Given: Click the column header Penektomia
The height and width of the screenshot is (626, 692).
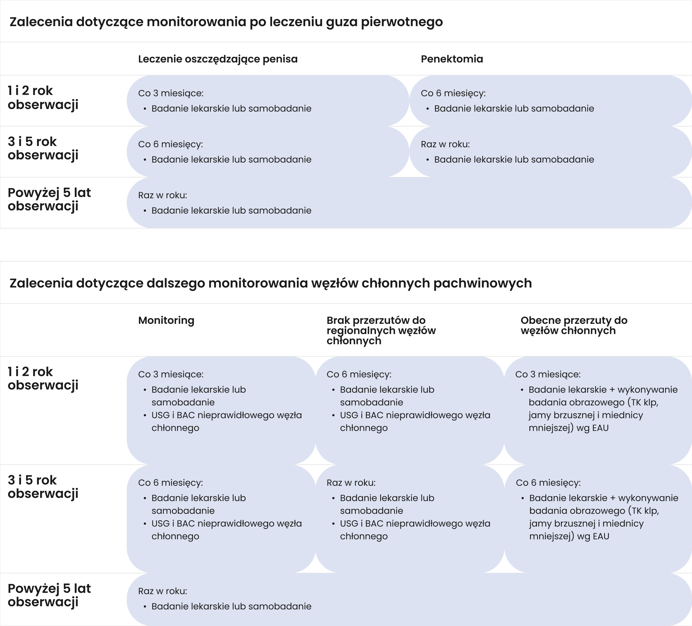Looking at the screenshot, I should click(x=452, y=59).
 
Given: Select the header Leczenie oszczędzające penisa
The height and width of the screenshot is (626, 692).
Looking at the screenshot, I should click(x=217, y=59).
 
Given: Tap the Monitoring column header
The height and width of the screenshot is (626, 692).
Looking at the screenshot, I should click(x=166, y=320).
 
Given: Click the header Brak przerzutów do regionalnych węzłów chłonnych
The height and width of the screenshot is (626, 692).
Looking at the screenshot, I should click(x=381, y=330).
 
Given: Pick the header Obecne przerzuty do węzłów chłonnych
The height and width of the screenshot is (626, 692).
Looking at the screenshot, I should click(x=574, y=325).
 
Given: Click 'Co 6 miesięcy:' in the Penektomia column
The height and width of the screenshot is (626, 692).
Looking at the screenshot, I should click(x=453, y=93).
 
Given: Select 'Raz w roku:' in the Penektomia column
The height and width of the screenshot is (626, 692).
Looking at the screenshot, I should click(x=445, y=144).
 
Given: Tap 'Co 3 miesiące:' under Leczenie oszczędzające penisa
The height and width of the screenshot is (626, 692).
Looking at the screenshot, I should click(x=171, y=93).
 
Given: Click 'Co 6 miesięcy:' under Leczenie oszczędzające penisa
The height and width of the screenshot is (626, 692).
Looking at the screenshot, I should click(x=170, y=144).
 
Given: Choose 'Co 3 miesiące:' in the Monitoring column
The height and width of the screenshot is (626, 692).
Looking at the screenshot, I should click(x=171, y=374).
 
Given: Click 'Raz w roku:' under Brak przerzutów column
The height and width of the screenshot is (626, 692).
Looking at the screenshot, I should click(x=351, y=483).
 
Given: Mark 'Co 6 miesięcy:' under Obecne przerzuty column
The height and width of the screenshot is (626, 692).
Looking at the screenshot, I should click(x=548, y=483).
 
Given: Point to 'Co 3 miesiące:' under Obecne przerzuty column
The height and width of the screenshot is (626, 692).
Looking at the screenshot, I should click(x=548, y=374).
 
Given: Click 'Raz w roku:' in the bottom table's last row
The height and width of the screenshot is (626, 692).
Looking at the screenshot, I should click(x=162, y=591).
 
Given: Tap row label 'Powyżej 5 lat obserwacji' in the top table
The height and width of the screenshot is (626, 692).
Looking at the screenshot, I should click(x=49, y=199).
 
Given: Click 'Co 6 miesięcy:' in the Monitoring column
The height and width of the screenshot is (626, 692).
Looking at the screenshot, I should click(x=170, y=483).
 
